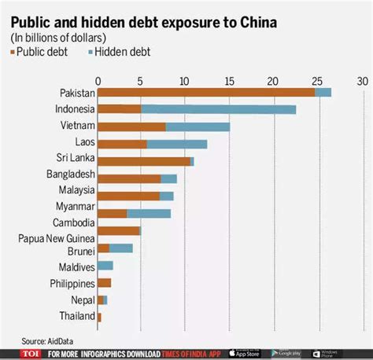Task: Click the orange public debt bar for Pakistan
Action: [206, 93]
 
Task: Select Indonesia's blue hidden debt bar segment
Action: [218, 109]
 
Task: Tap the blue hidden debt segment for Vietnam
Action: [198, 127]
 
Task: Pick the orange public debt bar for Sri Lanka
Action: [144, 161]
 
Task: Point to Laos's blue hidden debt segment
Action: [176, 144]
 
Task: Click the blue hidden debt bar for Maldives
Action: [105, 266]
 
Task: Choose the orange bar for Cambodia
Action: [119, 230]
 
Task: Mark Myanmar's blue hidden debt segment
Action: [148, 213]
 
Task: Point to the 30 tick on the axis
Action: [362, 81]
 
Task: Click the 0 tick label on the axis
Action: [98, 81]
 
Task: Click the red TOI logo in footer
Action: [31, 354]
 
